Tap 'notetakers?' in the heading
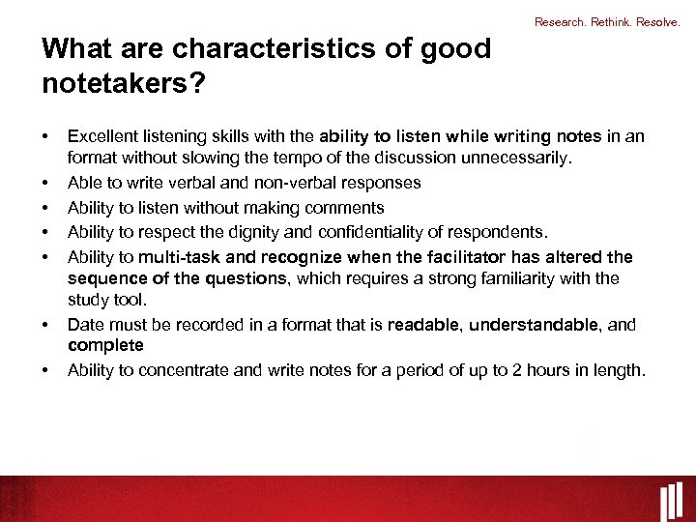click(123, 84)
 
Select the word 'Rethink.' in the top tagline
click(611, 21)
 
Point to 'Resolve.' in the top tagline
click(662, 21)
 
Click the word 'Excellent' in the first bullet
click(103, 136)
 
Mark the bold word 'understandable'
click(534, 325)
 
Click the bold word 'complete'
click(105, 345)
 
